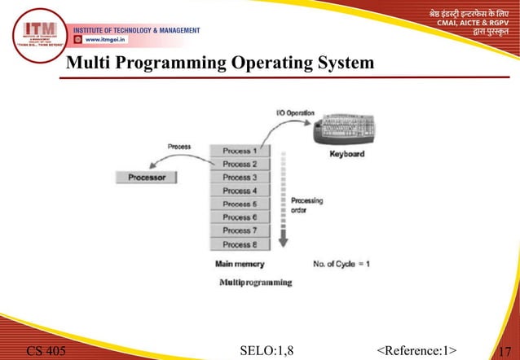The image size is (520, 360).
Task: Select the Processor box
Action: click(x=147, y=176)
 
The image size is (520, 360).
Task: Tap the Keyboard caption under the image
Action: click(x=346, y=154)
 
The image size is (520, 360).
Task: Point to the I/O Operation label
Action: click(x=292, y=112)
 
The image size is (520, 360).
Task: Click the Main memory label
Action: click(x=239, y=264)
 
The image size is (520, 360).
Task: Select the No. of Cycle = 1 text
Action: click(x=342, y=264)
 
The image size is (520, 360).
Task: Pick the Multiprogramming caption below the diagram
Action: click(x=256, y=282)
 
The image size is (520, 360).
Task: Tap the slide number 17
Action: click(x=505, y=351)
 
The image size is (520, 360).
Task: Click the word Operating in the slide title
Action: click(x=266, y=63)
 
